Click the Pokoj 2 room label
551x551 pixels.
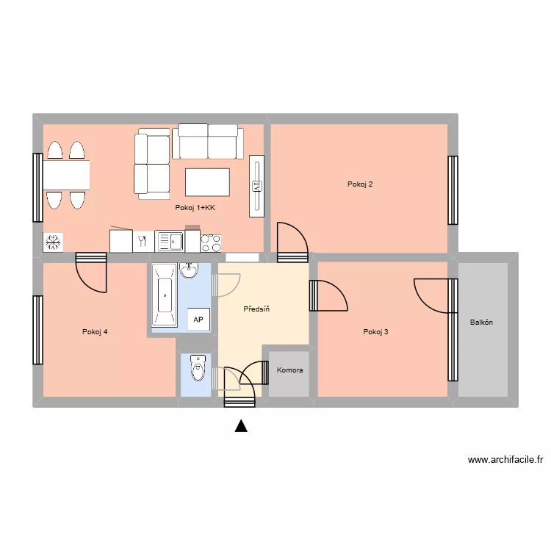pos(360,184)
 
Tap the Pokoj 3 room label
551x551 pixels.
pos(375,332)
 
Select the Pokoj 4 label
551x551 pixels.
pos(96,332)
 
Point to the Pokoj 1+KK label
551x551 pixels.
pos(195,208)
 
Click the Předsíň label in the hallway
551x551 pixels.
pos(256,309)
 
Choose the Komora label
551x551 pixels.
pos(289,370)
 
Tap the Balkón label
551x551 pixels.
pos(481,323)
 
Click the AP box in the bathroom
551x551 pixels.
pos(198,320)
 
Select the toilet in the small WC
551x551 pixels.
pos(197,368)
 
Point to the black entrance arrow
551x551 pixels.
pos(241,425)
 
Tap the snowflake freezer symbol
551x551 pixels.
pos(52,242)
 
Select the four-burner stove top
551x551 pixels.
pos(211,242)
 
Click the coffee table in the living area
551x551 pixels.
pos(208,181)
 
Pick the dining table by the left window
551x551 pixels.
pos(66,175)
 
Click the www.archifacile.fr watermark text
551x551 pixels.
pos(505,461)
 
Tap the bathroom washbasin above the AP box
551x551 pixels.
pos(190,270)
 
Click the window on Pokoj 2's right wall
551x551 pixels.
pos(453,190)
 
